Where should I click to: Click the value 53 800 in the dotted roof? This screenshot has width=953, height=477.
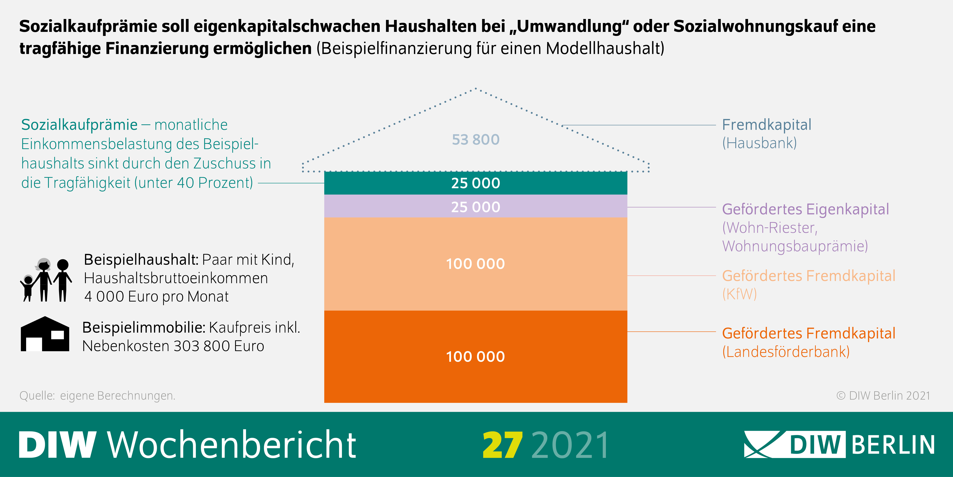click(x=475, y=140)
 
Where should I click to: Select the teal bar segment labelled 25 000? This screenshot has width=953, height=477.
click(x=475, y=183)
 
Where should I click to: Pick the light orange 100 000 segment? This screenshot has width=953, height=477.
click(x=475, y=264)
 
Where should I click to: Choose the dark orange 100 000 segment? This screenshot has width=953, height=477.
click(x=475, y=356)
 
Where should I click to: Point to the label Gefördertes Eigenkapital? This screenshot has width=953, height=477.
click(x=805, y=209)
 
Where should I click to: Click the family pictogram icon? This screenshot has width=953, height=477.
click(x=45, y=280)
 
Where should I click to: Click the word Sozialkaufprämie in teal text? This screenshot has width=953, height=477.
click(x=79, y=125)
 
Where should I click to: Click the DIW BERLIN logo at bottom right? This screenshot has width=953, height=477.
click(x=839, y=444)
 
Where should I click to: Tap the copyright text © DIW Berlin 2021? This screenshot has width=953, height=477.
click(x=883, y=396)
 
